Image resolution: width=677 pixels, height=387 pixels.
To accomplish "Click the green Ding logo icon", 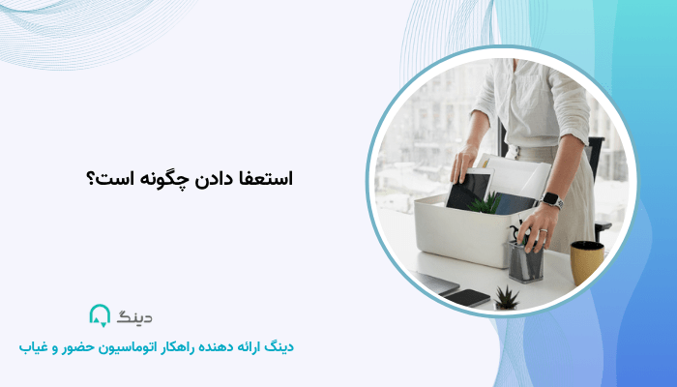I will point(100,315).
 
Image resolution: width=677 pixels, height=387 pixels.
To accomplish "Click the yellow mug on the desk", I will point(586,262).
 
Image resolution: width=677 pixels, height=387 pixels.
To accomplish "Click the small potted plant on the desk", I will point(506,297).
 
